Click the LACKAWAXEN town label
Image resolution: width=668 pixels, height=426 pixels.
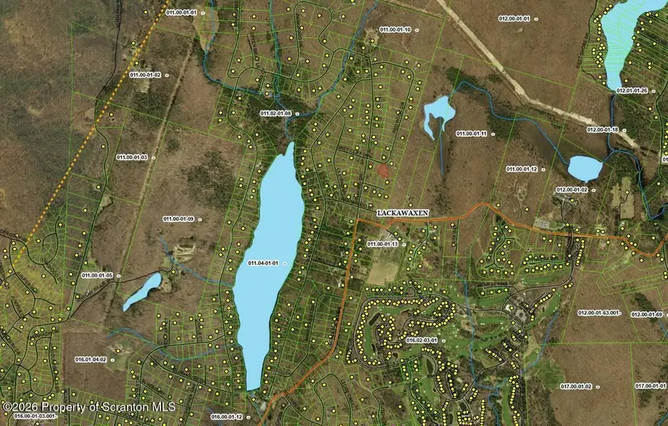[x=403, y=213]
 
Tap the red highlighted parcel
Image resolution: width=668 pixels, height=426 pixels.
[x=382, y=170]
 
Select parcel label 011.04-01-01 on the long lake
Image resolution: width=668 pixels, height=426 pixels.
[x=263, y=264]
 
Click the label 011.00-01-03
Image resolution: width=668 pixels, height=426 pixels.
[x=132, y=157]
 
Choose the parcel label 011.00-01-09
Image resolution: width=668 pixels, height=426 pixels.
[x=178, y=219]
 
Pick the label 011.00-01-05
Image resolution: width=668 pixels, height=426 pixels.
[x=98, y=275]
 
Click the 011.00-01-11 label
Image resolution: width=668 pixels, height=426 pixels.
[x=471, y=133]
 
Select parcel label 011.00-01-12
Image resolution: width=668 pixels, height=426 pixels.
[x=522, y=169]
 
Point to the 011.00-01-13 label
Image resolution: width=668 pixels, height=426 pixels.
[x=384, y=244]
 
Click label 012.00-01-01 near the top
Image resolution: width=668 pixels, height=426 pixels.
[x=514, y=18]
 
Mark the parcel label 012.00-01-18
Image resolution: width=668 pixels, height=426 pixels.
[x=603, y=130]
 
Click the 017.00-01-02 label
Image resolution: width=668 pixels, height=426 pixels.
[x=576, y=386]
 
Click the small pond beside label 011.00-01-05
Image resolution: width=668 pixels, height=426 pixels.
[x=142, y=291]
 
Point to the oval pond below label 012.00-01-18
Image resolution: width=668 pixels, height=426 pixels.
[x=585, y=168]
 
